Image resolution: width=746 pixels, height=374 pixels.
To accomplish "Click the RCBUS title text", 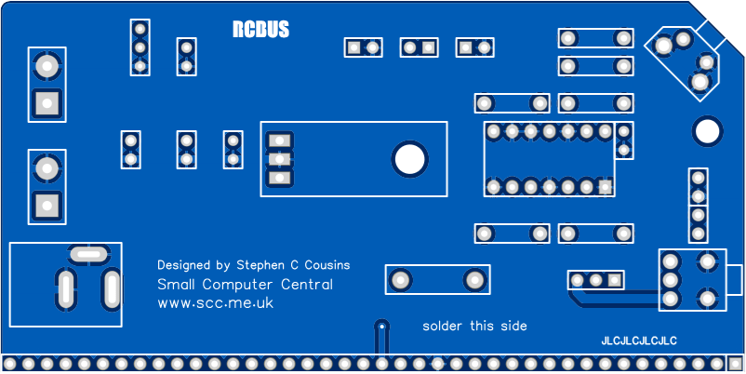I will tap(260, 30).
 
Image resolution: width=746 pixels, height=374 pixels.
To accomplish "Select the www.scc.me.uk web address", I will tap(215, 303).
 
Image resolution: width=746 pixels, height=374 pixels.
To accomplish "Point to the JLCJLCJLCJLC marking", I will tap(639, 341).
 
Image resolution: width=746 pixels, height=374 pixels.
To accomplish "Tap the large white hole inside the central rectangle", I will tap(408, 159).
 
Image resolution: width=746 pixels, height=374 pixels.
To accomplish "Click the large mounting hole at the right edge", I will tap(707, 131).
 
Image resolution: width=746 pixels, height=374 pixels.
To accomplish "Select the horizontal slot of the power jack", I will tap(88, 252).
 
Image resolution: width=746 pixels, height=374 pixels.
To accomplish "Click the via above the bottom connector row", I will tap(381, 327).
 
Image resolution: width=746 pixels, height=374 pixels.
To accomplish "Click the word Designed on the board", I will tap(184, 265).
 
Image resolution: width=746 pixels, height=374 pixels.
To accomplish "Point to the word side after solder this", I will tap(513, 326).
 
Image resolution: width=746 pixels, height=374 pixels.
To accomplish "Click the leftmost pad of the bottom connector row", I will tap(9, 363).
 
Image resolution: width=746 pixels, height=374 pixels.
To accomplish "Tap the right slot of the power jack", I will tap(112, 289).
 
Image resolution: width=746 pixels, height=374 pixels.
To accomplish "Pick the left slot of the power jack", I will tap(65, 289).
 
